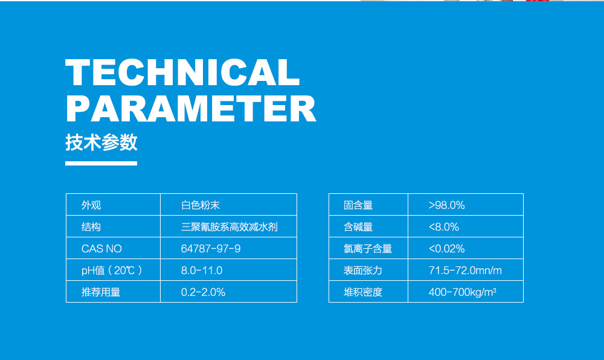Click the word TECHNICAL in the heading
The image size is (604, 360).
[x=182, y=73]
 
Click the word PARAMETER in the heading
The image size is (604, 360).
[x=191, y=109]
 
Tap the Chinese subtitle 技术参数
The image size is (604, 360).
[x=101, y=143]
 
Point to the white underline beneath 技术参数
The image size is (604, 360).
[x=101, y=162]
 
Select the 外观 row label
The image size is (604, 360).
[x=91, y=205]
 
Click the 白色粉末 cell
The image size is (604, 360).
[x=205, y=205]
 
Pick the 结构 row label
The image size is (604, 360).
[x=91, y=227]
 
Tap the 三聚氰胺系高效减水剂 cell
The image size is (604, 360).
[x=230, y=227]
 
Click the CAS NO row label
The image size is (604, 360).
[x=101, y=249]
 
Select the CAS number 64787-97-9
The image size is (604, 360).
[x=211, y=249]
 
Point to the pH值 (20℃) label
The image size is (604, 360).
[x=112, y=271]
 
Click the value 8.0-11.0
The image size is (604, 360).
[x=202, y=271]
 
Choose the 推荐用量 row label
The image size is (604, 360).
[x=101, y=292]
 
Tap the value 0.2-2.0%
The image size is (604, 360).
[x=203, y=292]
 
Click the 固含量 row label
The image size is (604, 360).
[x=358, y=205]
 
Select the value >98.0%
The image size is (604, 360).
[x=447, y=205]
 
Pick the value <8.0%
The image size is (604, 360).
[x=444, y=227]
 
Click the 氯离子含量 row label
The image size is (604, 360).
[x=368, y=249]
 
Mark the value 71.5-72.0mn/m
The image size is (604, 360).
[x=465, y=271]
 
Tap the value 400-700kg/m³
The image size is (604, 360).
[x=463, y=292]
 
